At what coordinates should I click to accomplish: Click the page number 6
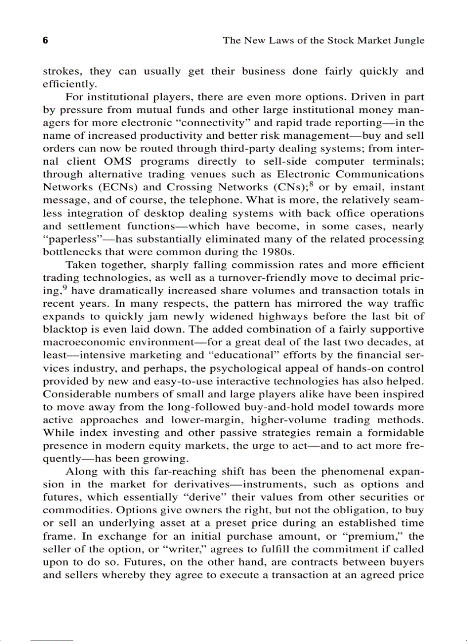(45, 41)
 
